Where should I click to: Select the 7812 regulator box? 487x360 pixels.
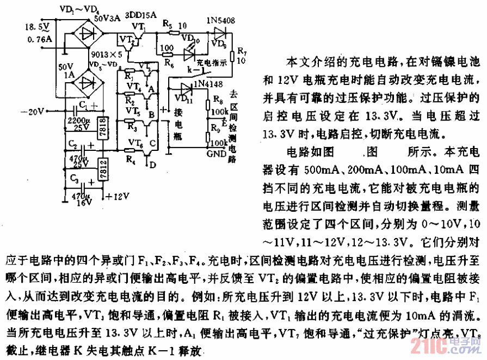pyautogui.click(x=103, y=169)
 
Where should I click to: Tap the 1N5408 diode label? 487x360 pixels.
pyautogui.click(x=221, y=21)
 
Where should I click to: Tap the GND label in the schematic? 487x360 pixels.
pyautogui.click(x=216, y=154)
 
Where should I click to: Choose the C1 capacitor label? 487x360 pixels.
pyautogui.click(x=82, y=104)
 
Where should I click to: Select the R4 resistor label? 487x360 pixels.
pyautogui.click(x=131, y=159)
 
